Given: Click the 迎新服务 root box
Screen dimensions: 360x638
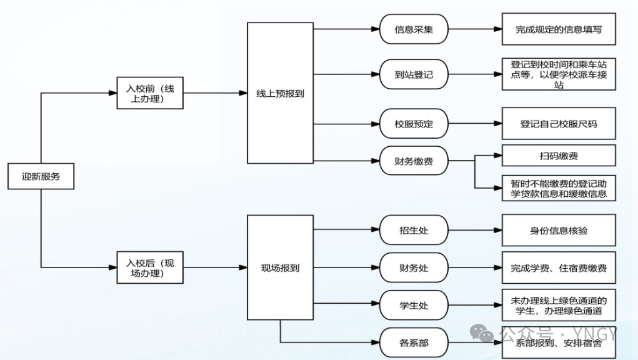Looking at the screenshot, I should tap(41, 176).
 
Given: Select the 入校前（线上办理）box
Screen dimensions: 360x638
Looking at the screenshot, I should tap(150, 93).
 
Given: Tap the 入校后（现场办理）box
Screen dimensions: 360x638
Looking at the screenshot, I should tap(150, 268).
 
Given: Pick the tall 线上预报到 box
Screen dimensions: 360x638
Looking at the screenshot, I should tap(280, 93).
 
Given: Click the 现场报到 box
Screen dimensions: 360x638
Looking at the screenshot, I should tap(280, 268).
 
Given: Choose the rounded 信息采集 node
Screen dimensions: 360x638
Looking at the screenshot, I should tap(414, 29).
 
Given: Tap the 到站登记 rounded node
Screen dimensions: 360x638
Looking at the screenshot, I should tap(414, 74).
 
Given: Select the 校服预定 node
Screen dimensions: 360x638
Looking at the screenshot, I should tap(414, 123).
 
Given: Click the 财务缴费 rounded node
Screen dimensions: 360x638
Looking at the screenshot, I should tap(414, 161).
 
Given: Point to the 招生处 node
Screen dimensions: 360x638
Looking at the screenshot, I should tap(414, 231).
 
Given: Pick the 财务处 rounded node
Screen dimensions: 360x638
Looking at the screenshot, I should tap(414, 268).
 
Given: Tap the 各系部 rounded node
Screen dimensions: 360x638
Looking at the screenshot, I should tap(414, 342).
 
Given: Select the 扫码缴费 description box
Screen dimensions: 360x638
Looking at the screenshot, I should tap(559, 155).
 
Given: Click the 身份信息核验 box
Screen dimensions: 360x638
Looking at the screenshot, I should tap(559, 231).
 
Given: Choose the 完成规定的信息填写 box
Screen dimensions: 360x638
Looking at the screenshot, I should tap(559, 29).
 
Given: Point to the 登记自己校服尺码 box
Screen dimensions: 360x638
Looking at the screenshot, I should tap(559, 123).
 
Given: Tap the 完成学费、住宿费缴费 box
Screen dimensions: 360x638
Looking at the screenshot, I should tap(559, 268).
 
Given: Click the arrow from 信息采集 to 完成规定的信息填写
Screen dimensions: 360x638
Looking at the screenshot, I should tap(475, 29).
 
